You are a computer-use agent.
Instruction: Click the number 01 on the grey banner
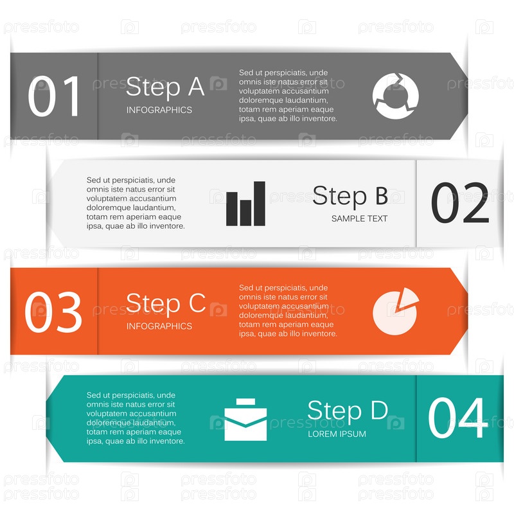coord(54,96)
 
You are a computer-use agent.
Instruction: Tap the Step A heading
coord(165,87)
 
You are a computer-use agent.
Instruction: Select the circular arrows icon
coord(396,96)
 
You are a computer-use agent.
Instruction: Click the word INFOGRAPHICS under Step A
coord(159,110)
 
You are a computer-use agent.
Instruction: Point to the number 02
coord(460,202)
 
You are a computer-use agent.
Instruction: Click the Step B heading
coord(350,196)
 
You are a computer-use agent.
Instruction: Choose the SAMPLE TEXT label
coord(359,218)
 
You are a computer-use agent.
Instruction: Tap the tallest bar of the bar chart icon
coord(260,204)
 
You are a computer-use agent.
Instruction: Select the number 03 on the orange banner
coord(53,312)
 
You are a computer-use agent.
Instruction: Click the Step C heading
coord(166,303)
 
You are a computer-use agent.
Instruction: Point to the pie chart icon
coord(396,312)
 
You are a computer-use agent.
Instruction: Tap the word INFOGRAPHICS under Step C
coord(159,326)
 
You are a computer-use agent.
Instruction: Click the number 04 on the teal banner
coord(458,418)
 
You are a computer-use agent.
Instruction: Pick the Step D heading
coord(348,411)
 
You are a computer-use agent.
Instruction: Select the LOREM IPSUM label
coord(337,434)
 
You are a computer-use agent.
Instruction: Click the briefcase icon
coord(245,420)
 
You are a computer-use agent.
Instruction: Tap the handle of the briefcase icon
coord(245,402)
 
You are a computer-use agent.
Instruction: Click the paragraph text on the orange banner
coord(288,311)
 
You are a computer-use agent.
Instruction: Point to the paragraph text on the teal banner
coord(136,418)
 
